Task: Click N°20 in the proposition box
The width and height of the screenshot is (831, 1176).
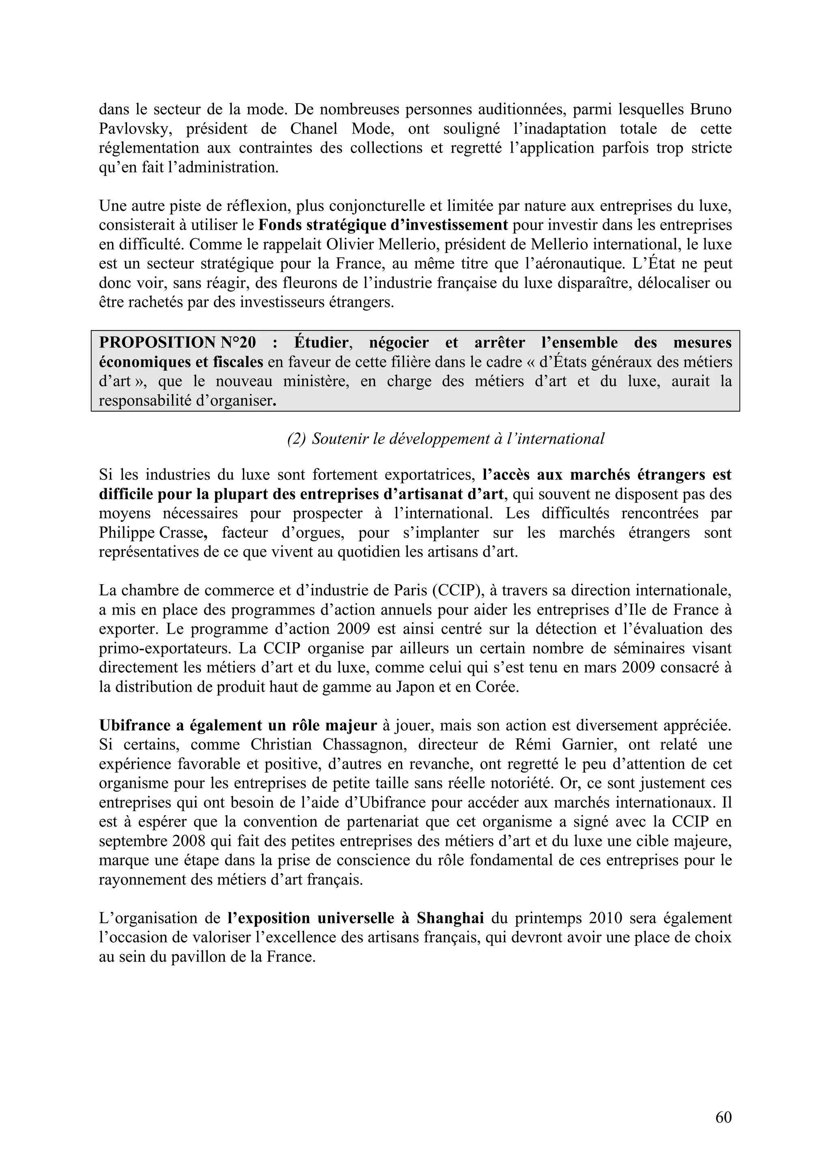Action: [x=238, y=342]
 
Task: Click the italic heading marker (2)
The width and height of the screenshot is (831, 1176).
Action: [x=296, y=439]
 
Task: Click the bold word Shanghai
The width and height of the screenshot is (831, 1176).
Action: [x=450, y=918]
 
